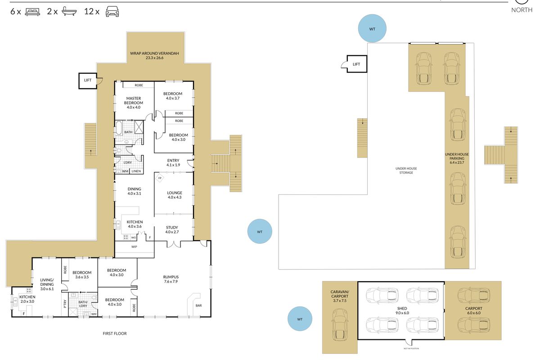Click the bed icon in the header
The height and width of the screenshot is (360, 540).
tap(32, 12)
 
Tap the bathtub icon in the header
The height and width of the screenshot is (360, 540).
tap(69, 11)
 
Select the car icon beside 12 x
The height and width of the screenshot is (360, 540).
tap(112, 11)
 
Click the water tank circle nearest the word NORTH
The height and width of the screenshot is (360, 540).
tap(372, 28)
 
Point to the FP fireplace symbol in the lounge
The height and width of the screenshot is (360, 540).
tap(160, 178)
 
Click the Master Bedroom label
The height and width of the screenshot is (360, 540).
tap(134, 103)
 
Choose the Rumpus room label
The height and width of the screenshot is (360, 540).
tap(171, 279)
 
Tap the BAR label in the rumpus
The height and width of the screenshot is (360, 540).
tap(198, 306)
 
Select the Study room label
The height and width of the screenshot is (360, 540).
tap(172, 229)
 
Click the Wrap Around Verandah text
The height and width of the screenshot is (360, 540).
tap(154, 55)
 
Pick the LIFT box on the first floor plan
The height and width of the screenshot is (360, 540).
tap(88, 81)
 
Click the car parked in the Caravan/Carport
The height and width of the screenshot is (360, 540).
tap(340, 325)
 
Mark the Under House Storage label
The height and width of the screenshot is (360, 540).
tap(406, 171)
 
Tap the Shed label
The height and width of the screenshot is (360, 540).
tap(402, 310)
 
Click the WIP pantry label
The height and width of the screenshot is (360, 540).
tap(134, 247)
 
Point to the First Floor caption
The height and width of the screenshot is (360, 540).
tap(115, 333)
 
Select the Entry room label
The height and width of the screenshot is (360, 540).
tap(173, 162)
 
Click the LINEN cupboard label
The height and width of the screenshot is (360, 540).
tap(136, 171)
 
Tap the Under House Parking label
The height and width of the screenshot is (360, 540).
tap(457, 158)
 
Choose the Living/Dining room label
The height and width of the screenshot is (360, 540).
tap(47, 284)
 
